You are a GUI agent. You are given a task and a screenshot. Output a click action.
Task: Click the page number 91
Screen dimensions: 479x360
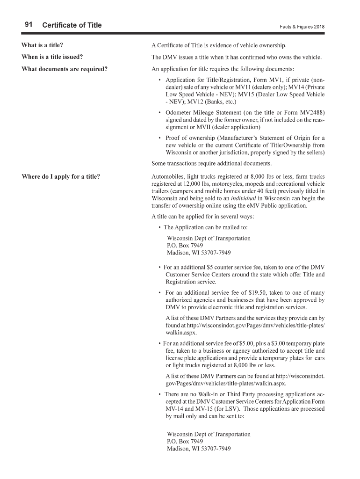click(x=28, y=25)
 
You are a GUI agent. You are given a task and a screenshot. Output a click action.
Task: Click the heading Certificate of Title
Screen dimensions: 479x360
click(x=72, y=25)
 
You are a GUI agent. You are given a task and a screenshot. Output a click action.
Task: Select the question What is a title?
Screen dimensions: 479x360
click(x=42, y=45)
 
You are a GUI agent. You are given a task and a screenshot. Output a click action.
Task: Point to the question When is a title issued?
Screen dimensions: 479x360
click(x=52, y=57)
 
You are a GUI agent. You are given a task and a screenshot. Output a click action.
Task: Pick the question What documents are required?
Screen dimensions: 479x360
click(x=65, y=69)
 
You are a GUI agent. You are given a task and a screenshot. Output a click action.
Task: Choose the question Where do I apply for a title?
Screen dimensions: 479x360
click(x=61, y=176)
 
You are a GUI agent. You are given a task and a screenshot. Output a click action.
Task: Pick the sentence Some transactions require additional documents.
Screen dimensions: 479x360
click(x=211, y=163)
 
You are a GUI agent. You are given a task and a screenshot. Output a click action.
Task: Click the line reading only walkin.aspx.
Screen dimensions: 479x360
click(x=181, y=333)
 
